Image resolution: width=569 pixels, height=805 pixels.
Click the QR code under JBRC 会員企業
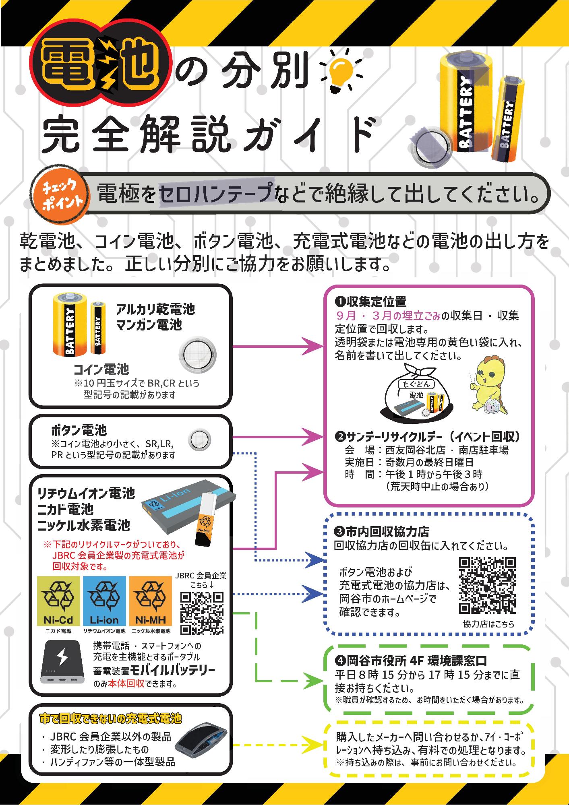point(202,614)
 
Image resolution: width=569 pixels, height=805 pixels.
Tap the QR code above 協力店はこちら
point(488,586)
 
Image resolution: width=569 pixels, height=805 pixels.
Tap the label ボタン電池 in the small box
point(79,430)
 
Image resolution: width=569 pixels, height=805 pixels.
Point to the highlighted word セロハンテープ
point(216,194)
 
